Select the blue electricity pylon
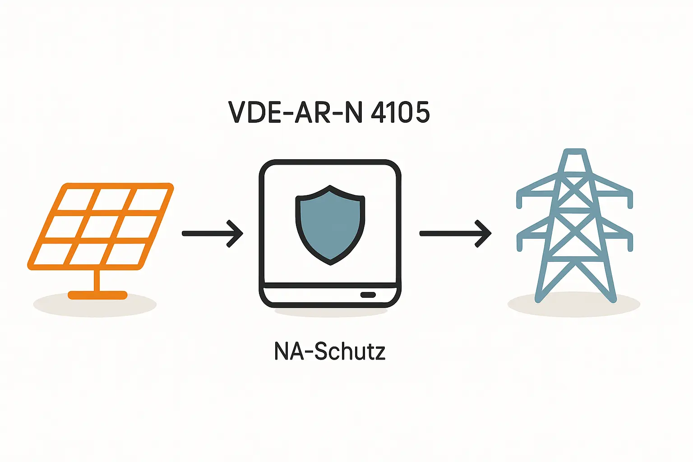[x=574, y=226]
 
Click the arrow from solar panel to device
[x=212, y=233]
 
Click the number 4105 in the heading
[x=400, y=112]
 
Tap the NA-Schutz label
[x=330, y=351]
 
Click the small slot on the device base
[x=368, y=295]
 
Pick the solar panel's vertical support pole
[x=97, y=281]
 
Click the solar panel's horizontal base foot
[x=97, y=296]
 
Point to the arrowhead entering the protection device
[x=236, y=233]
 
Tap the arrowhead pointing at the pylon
[x=484, y=233]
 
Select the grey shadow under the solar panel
[x=50, y=305]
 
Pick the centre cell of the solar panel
[x=101, y=227]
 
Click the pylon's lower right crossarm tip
[x=630, y=244]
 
